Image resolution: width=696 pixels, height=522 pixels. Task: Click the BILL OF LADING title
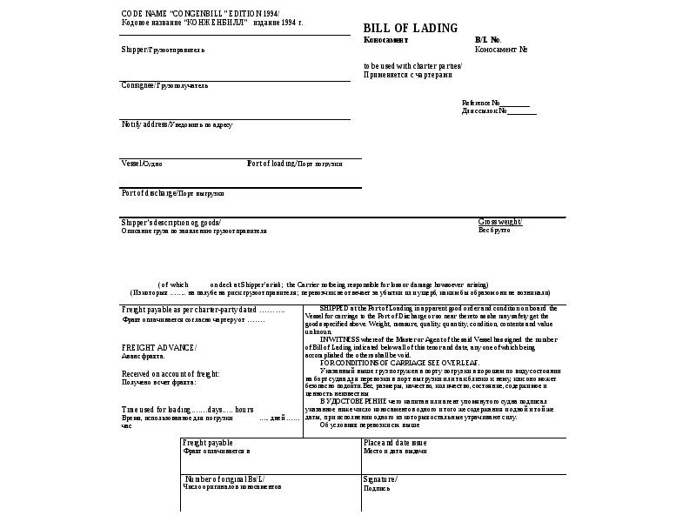coord(410,28)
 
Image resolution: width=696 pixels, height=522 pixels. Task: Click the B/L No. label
coord(488,40)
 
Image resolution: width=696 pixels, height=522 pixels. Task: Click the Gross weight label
coord(499,222)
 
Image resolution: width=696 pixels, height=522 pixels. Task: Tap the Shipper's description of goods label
coord(171,222)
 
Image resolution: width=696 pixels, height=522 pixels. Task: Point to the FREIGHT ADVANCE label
coord(159,348)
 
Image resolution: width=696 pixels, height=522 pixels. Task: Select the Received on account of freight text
coord(171,373)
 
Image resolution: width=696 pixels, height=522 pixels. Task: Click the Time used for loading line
coord(187,409)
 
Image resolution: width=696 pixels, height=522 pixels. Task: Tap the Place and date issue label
coord(395,443)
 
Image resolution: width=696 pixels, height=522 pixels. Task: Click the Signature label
coord(380,479)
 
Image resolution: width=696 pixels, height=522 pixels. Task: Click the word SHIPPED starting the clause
coord(332,308)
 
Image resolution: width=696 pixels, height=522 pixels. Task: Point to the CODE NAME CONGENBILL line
coord(200,15)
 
